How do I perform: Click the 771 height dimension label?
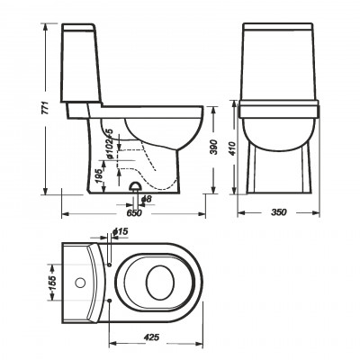(x=45, y=108)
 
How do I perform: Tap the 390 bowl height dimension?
(x=213, y=147)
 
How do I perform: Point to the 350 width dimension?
(x=279, y=212)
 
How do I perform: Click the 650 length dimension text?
(x=134, y=212)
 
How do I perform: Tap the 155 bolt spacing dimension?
(x=52, y=282)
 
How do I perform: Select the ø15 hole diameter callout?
(x=121, y=231)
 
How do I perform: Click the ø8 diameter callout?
(x=147, y=199)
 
